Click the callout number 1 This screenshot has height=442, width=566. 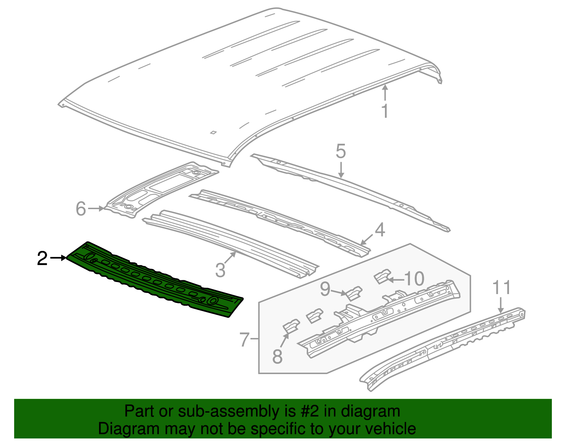(x=385, y=111)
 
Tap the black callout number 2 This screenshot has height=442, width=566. (x=42, y=258)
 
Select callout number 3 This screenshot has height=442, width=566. (x=220, y=270)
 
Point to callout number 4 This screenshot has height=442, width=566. (x=380, y=230)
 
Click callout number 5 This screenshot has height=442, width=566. (x=340, y=151)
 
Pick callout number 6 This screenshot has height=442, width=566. (x=81, y=208)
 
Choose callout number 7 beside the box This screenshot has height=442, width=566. (x=245, y=339)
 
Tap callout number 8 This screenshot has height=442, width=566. (x=277, y=356)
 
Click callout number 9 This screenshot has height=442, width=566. (x=325, y=289)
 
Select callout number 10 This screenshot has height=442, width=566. (x=414, y=279)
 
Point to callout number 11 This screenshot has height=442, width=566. (x=502, y=287)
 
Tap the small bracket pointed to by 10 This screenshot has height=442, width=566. (x=382, y=276)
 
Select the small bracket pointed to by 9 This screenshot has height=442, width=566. (x=354, y=294)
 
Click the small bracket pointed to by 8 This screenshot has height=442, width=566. (x=291, y=326)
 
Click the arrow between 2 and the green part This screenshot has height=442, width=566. (x=58, y=258)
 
